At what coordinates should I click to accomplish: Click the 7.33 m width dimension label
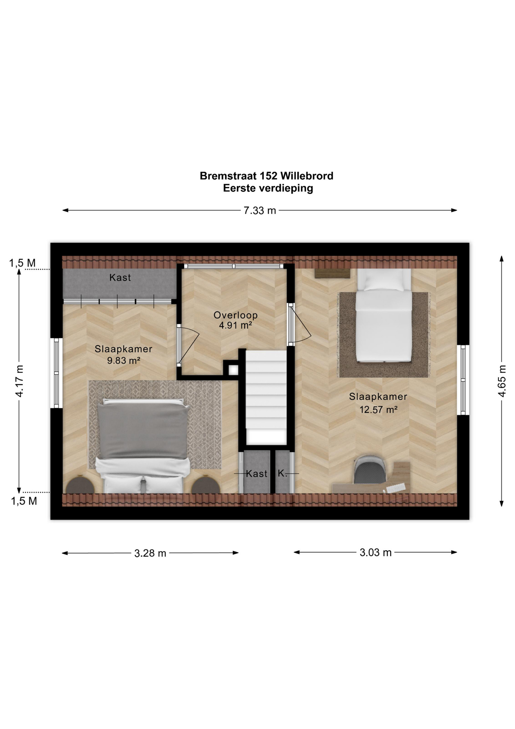(260, 210)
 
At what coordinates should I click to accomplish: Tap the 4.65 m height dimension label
(502, 381)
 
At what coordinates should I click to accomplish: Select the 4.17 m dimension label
(19, 381)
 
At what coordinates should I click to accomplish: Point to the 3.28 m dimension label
(150, 553)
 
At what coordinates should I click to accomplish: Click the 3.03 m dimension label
(375, 552)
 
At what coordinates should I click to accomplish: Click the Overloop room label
(236, 315)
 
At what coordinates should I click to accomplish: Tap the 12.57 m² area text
(378, 410)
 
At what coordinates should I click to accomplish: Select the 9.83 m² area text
(124, 360)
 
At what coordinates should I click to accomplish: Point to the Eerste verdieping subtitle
(268, 188)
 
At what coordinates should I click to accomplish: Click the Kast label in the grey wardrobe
(120, 278)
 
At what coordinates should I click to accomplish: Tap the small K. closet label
(282, 473)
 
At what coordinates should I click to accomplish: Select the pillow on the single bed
(384, 279)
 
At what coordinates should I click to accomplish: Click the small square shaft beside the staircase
(233, 369)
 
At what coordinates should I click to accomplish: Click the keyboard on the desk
(396, 488)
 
